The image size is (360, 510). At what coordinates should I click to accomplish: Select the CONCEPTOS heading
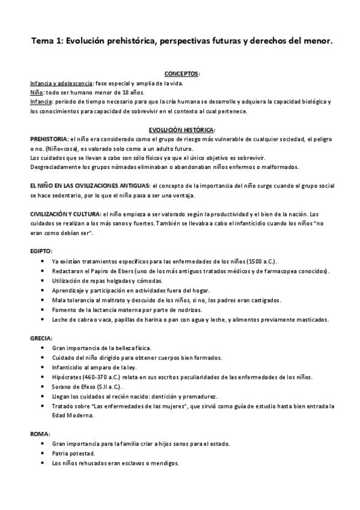pos(182,73)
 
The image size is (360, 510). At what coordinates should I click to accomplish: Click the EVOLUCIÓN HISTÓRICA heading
pos(182,129)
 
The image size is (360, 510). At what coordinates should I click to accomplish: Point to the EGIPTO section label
pos(41,250)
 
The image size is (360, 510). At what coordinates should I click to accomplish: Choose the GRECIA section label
pos(41,339)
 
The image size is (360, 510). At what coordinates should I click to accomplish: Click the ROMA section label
pos(40,433)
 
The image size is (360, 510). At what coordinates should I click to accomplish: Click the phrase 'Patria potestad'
pos(73,453)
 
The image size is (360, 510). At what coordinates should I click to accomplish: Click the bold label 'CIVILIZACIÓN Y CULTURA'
pos(66,214)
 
